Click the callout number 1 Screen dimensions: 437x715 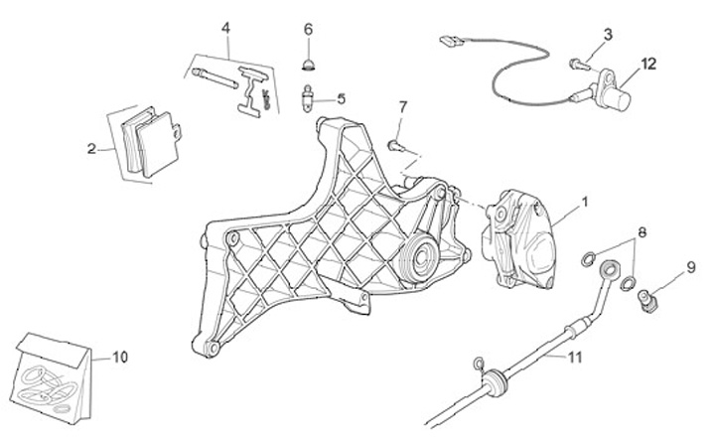click(x=585, y=202)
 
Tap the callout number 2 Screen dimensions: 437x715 click(x=91, y=150)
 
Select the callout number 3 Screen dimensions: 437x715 click(x=608, y=35)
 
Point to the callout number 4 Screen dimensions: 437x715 click(x=225, y=27)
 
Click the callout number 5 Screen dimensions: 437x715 click(x=341, y=98)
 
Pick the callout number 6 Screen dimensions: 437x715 click(x=308, y=29)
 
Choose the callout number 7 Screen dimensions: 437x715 click(x=403, y=106)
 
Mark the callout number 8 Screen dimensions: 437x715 click(x=643, y=233)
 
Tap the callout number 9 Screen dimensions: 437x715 click(x=690, y=266)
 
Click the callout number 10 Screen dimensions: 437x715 click(x=120, y=356)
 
